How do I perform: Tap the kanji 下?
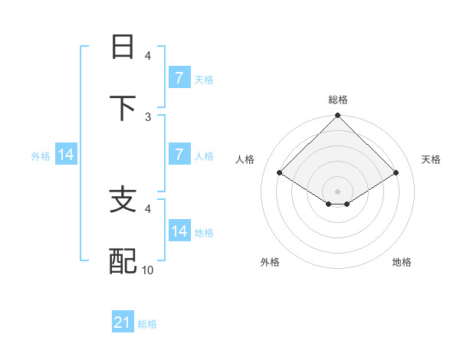(x=123, y=107)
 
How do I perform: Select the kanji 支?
(x=123, y=200)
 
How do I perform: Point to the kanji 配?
(x=123, y=261)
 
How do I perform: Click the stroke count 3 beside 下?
(x=148, y=116)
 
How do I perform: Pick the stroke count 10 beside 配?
(x=148, y=270)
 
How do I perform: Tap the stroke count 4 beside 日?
(x=148, y=55)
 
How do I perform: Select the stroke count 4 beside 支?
(x=148, y=208)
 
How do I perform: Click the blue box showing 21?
(x=123, y=323)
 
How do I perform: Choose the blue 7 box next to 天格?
(x=179, y=78)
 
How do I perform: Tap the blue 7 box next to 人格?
(x=179, y=155)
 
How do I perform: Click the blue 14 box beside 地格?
(x=179, y=231)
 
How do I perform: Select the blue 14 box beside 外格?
(x=66, y=155)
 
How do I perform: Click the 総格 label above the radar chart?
(x=338, y=100)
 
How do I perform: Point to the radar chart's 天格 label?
(x=431, y=159)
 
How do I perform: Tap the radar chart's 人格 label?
(x=245, y=159)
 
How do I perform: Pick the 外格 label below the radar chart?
(x=270, y=262)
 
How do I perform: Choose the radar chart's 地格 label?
(x=402, y=262)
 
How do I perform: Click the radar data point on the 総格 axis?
(x=338, y=116)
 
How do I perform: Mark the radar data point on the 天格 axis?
(x=396, y=173)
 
